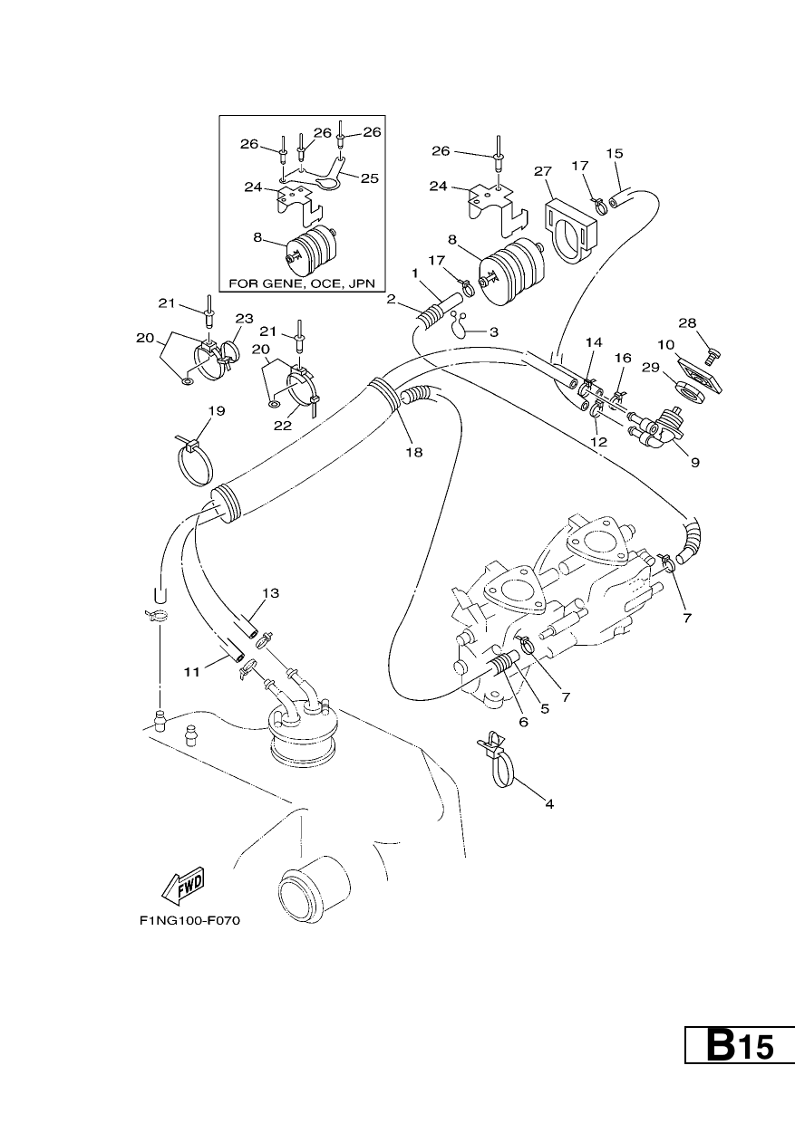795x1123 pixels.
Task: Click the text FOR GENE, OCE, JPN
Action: [302, 283]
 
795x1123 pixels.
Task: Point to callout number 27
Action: [543, 172]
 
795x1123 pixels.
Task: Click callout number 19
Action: [217, 411]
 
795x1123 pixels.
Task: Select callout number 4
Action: [549, 804]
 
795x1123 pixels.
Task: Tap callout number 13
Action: [270, 593]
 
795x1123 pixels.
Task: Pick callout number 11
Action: [191, 672]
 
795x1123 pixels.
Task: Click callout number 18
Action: [414, 452]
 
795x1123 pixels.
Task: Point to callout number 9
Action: [695, 462]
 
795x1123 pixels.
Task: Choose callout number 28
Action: [688, 322]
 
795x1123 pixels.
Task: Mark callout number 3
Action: [494, 331]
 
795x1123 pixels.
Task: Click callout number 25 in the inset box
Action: [370, 178]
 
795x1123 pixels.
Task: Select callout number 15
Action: [615, 153]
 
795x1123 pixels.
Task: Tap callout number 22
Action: [283, 425]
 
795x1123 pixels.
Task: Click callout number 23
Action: [245, 319]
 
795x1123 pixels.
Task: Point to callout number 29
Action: [651, 368]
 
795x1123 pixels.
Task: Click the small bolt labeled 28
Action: [713, 357]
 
